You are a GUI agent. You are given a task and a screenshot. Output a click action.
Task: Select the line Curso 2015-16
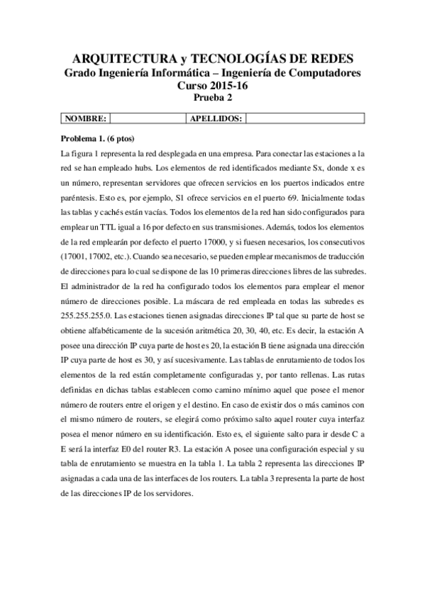pos(213,85)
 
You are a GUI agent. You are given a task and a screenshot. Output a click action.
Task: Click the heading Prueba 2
pos(213,98)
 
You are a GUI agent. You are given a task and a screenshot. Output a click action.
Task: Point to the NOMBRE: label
pos(86,118)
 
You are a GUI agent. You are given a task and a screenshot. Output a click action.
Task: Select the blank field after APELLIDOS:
pos(305,118)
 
